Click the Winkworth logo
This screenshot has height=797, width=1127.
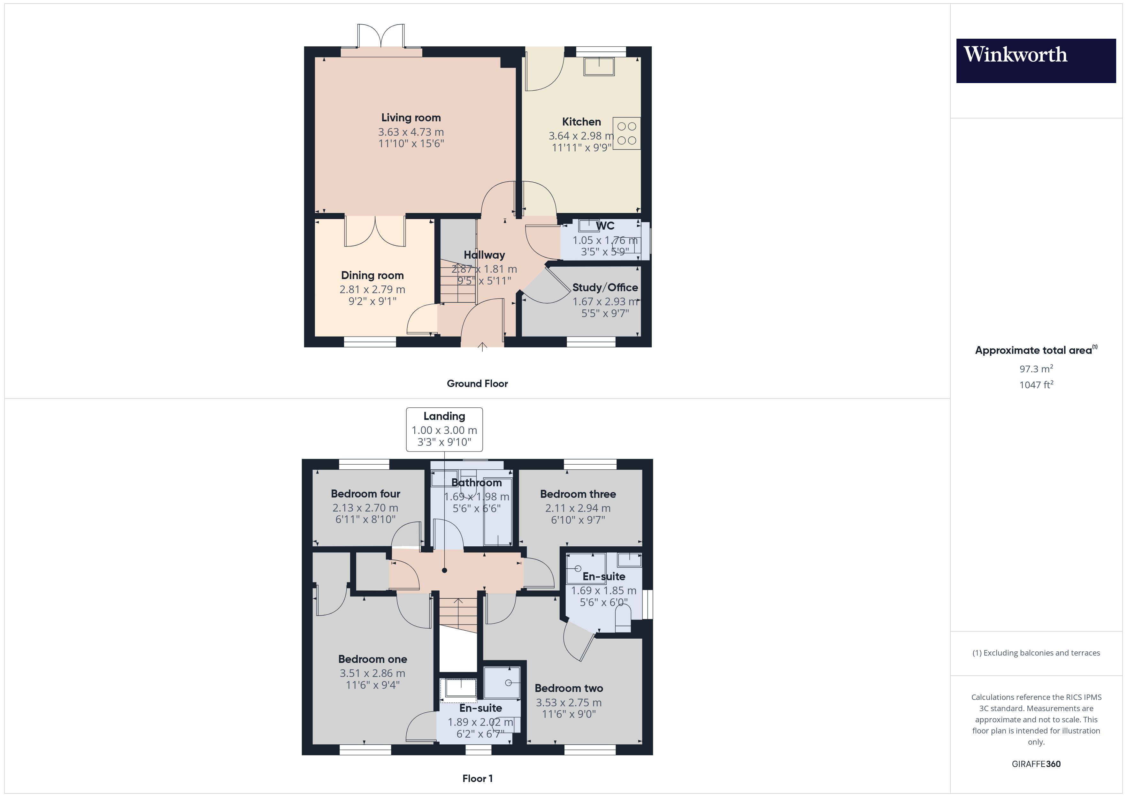1036,60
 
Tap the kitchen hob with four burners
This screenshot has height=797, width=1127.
626,133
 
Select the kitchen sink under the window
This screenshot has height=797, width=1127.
599,66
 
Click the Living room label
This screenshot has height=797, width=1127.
411,118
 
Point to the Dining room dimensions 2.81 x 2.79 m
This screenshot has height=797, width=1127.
372,290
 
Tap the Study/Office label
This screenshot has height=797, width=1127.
605,288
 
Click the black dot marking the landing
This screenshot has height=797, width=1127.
444,570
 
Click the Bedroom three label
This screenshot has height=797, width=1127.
578,494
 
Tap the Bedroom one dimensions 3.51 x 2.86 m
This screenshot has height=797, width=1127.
372,673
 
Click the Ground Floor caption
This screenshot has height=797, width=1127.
477,384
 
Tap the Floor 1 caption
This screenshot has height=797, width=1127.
477,778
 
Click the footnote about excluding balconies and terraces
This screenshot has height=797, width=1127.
1036,653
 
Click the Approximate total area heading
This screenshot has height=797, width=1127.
1035,350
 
